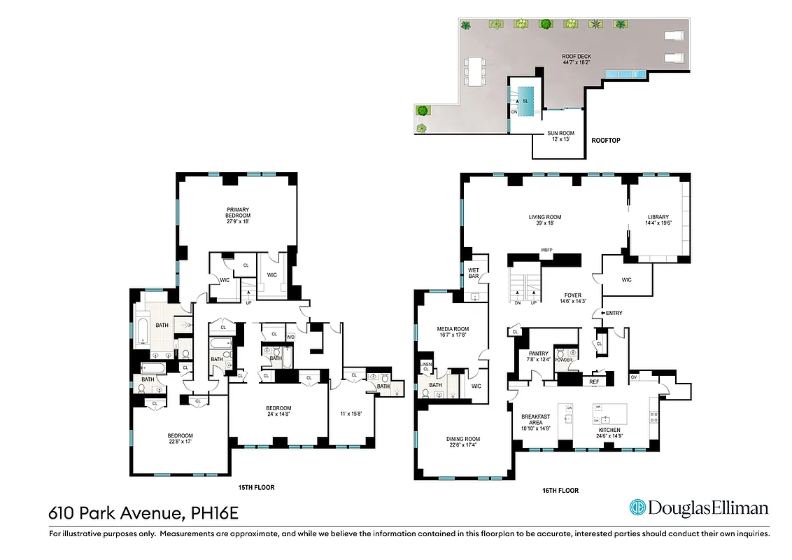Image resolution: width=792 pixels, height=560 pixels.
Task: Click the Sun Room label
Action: point(560,136)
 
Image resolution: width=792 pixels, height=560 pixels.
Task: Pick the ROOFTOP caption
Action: point(605,141)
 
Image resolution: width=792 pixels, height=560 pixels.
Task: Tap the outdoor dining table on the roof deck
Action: point(478,70)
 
